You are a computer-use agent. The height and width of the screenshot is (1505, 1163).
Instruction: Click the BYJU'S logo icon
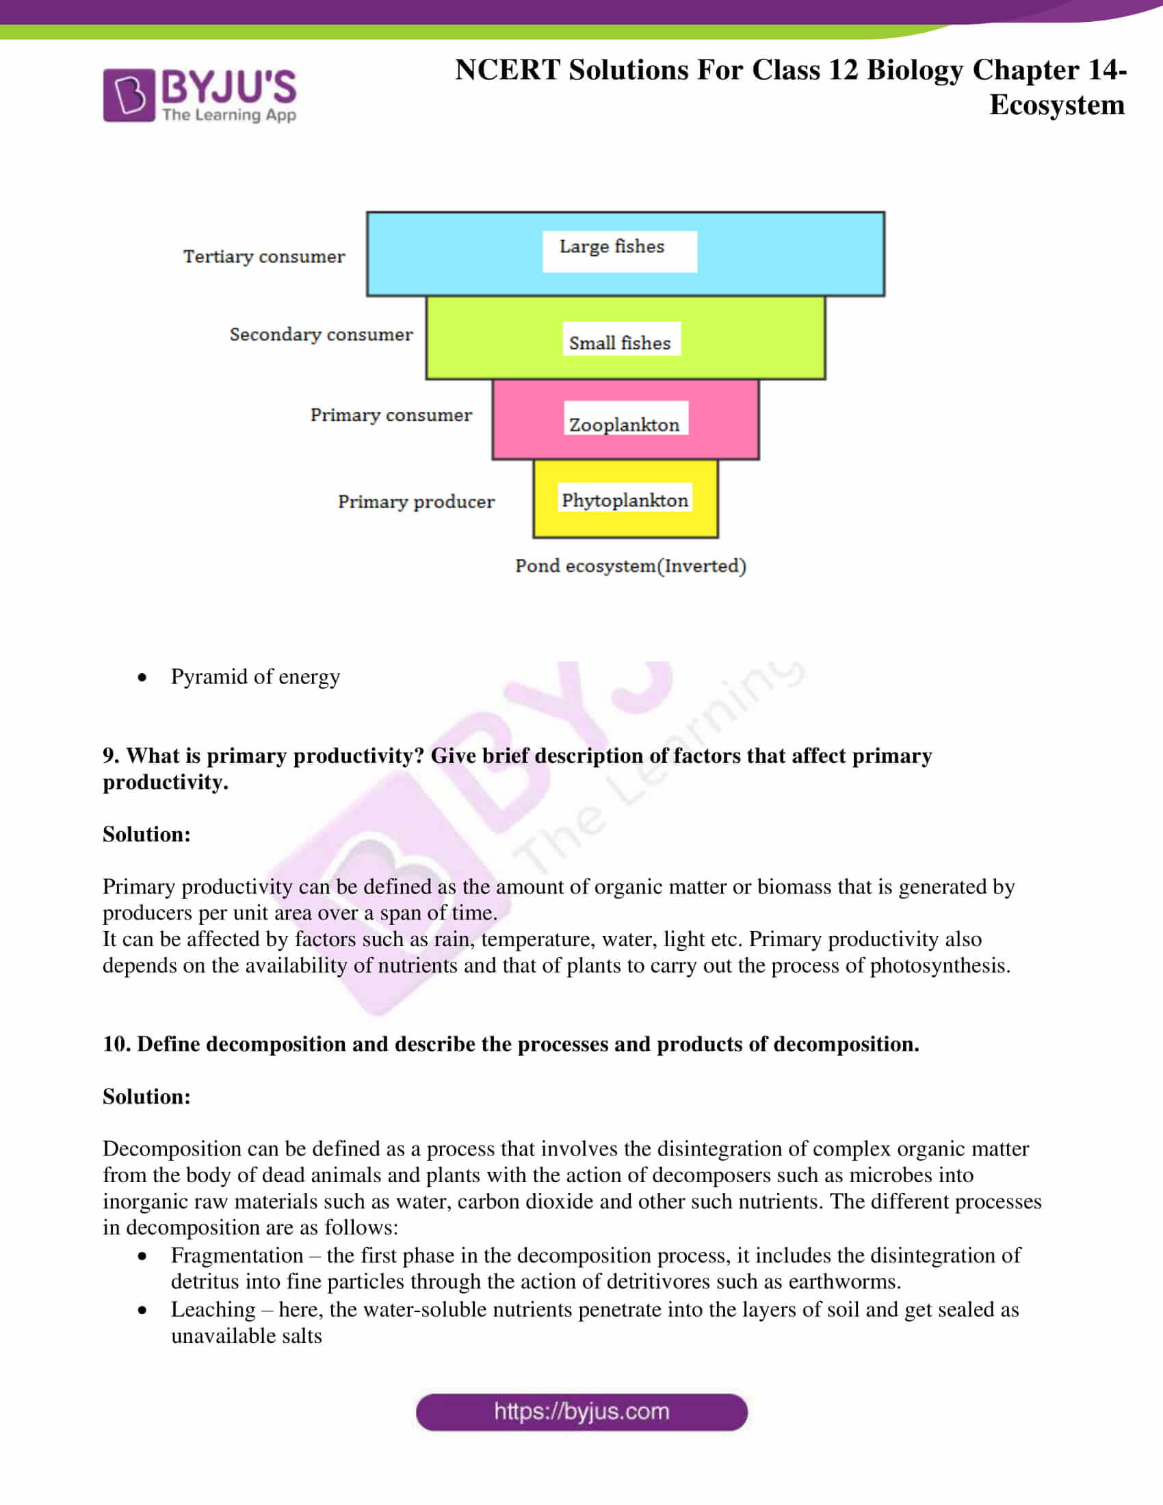tap(129, 95)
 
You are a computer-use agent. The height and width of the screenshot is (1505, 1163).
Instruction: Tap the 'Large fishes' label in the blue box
tap(612, 247)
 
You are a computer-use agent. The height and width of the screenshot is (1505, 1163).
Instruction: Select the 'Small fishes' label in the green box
tap(619, 343)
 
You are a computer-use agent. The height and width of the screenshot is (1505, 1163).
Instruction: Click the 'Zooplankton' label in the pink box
tap(624, 424)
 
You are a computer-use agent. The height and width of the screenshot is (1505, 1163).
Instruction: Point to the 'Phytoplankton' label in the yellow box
tap(624, 499)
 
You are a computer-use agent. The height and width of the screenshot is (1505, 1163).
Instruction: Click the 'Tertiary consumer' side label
tap(264, 257)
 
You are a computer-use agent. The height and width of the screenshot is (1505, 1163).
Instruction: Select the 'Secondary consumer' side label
tap(321, 335)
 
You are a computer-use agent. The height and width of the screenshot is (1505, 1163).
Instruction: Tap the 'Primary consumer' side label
tap(391, 415)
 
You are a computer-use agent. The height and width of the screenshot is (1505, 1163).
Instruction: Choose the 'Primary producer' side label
tap(416, 501)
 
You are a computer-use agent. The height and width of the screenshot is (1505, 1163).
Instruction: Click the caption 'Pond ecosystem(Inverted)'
tap(631, 566)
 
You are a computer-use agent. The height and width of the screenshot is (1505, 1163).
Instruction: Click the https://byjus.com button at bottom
tap(581, 1412)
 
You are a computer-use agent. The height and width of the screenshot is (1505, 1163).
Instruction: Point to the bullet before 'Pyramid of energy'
tap(142, 677)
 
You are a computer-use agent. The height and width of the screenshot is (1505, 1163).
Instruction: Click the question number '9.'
tap(111, 756)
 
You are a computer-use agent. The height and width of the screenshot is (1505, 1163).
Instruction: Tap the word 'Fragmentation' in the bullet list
tap(237, 1255)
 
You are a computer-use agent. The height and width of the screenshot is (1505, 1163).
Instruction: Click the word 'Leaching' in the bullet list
tap(213, 1309)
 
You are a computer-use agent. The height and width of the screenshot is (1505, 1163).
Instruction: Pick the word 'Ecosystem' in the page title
tap(1056, 105)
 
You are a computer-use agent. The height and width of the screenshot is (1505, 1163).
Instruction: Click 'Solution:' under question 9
tap(147, 835)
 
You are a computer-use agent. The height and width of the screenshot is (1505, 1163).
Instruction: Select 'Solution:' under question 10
tap(147, 1097)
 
